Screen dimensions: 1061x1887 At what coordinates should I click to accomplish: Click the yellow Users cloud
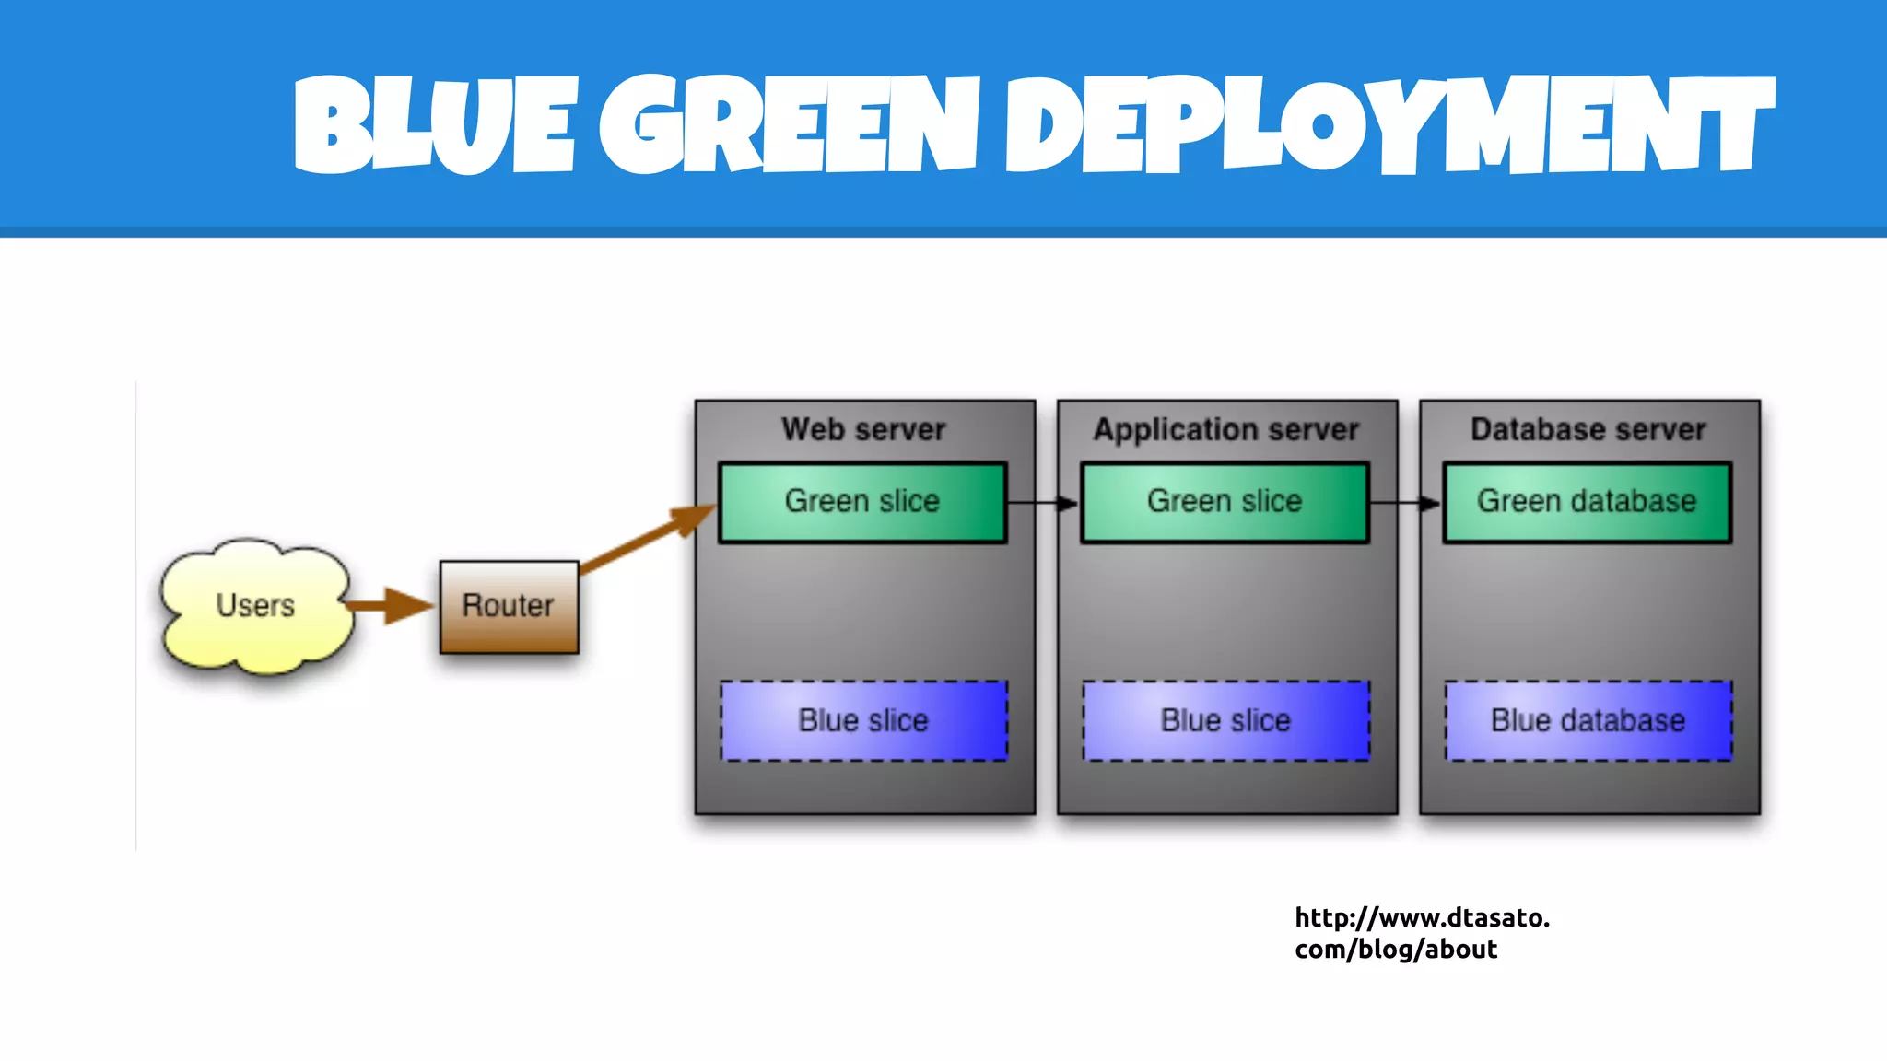[255, 606]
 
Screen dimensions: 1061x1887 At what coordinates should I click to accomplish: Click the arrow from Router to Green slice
[645, 539]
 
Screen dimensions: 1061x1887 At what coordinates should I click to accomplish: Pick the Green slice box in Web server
[861, 502]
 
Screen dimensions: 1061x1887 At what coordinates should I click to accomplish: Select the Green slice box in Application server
[1225, 502]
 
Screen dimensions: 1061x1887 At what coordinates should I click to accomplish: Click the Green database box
[1587, 502]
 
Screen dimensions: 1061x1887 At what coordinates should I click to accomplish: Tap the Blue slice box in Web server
[863, 720]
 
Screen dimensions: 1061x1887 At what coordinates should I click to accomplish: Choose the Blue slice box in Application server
[1225, 720]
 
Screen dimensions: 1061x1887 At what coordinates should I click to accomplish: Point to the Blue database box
[1588, 720]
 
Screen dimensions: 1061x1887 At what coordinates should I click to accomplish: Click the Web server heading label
[863, 429]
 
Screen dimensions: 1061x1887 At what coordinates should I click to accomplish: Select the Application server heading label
[1225, 429]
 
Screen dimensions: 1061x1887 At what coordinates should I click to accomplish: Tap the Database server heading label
[1588, 429]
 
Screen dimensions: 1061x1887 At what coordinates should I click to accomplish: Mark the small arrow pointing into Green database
[1405, 503]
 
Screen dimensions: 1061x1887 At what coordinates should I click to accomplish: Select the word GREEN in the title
[788, 125]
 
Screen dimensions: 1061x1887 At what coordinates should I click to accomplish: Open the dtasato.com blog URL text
[1421, 933]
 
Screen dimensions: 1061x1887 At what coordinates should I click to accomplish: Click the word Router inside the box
[508, 605]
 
